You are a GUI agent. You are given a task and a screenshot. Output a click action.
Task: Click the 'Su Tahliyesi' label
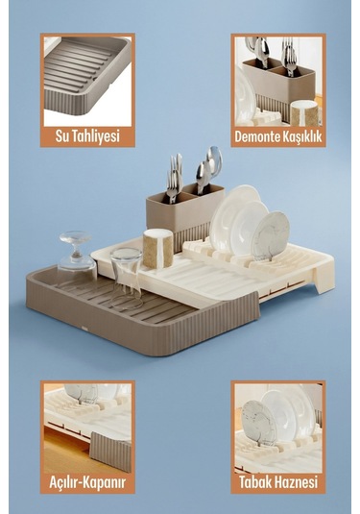(86, 136)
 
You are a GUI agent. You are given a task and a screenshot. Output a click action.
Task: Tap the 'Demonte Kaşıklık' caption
(277, 136)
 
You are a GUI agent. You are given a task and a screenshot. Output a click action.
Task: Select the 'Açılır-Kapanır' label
(86, 482)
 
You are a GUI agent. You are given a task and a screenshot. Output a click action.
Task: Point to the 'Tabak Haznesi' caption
(277, 482)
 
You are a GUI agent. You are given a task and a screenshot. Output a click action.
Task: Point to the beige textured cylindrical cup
(157, 248)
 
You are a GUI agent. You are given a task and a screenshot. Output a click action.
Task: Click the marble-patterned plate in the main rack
(272, 233)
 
